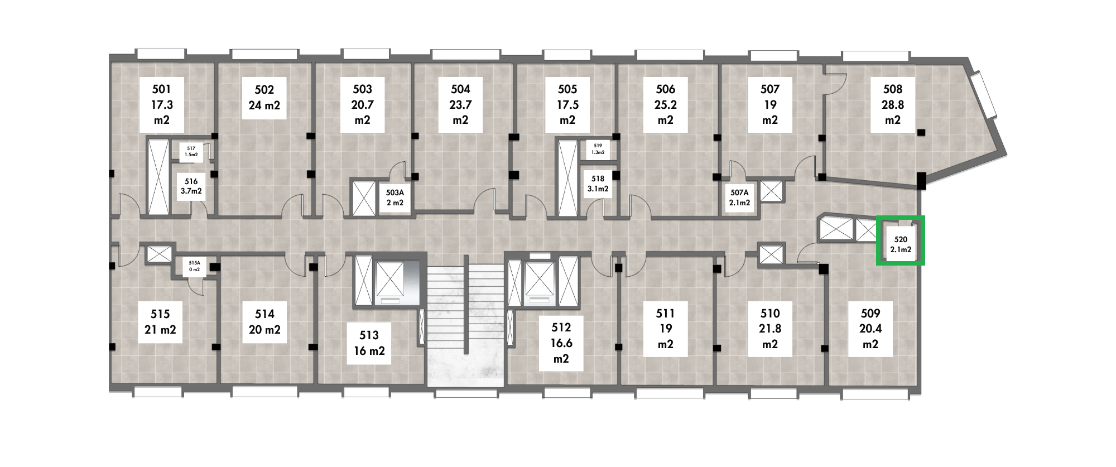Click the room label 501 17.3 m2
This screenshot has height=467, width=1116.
[161, 104]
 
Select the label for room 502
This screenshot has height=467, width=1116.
[264, 98]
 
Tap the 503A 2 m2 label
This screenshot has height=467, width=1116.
[395, 198]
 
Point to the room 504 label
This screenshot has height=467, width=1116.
[460, 104]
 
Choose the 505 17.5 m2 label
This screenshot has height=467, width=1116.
[567, 104]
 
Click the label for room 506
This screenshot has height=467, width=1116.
[666, 104]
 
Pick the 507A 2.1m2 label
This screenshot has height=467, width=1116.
[739, 198]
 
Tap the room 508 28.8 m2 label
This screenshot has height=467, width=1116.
[893, 104]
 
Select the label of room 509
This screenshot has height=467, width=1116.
[870, 329]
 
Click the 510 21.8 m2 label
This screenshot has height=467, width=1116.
[770, 329]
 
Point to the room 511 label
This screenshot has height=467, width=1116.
[666, 329]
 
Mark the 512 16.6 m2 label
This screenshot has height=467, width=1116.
[561, 343]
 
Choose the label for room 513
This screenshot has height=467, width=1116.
[369, 343]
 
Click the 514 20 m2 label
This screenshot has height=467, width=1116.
[264, 322]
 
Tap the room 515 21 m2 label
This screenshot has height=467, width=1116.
[160, 322]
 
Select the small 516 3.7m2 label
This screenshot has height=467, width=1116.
[191, 186]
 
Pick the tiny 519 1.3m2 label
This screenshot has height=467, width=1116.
[598, 148]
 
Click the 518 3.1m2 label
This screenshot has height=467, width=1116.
[598, 184]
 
